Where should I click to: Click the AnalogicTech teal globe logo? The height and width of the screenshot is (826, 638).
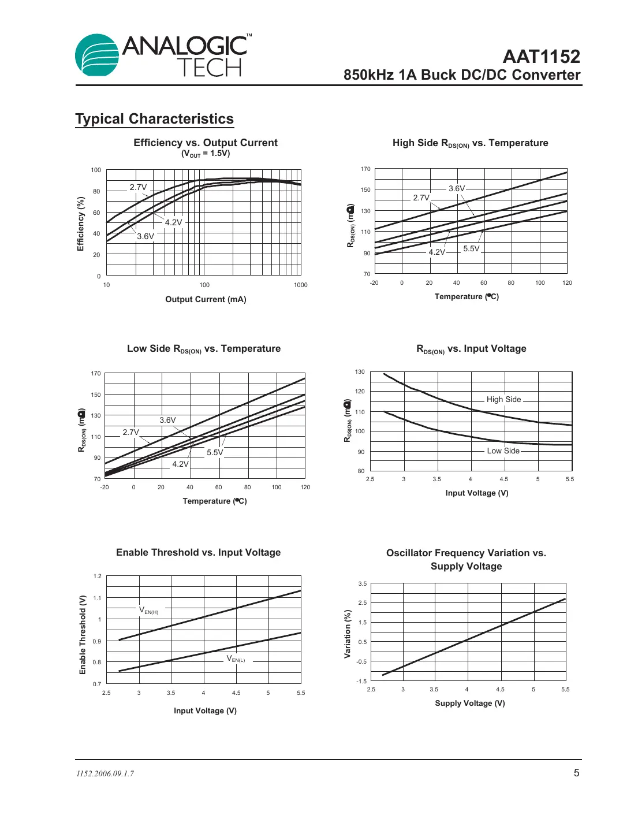point(97,55)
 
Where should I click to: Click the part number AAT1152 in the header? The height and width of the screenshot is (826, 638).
point(541,57)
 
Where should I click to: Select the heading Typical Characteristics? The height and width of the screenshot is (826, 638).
point(154,119)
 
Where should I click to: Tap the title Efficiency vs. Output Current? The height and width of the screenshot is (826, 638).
point(205,143)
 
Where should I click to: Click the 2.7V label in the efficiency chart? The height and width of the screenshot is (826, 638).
point(138,187)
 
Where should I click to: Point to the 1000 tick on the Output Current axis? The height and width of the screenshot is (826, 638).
point(300,285)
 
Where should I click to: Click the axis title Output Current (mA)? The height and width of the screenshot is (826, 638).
point(206,299)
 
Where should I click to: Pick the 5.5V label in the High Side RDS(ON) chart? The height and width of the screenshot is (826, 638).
point(471,248)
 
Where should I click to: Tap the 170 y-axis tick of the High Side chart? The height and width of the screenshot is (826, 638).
point(365,169)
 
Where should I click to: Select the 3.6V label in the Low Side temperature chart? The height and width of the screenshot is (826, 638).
point(167,420)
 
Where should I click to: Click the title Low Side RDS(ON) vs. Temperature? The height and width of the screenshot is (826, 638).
point(204,349)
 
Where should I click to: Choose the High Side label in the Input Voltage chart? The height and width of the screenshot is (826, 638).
point(503,399)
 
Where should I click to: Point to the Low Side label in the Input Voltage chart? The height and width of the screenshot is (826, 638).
point(503,451)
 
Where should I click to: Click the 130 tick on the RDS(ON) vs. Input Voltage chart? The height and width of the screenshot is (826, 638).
point(360,371)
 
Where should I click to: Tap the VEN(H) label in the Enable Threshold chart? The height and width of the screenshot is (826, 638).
point(148,610)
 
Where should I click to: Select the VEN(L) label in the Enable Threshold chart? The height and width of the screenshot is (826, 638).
point(236,658)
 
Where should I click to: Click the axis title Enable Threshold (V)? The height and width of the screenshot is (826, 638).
point(83,634)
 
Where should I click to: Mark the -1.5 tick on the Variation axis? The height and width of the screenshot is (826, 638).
point(361,681)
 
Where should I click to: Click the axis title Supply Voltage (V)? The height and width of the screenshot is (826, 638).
point(469,703)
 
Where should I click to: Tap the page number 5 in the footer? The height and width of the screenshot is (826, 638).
point(576,773)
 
